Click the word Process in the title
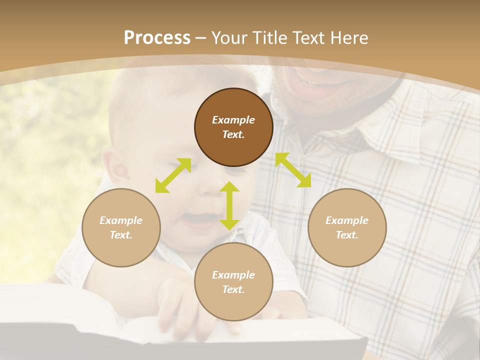click(x=157, y=38)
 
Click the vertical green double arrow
click(x=229, y=205)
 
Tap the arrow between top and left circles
click(x=173, y=175)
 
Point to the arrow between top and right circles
click(x=293, y=170)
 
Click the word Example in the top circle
click(x=233, y=120)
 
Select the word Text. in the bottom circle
click(x=233, y=289)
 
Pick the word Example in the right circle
click(x=347, y=220)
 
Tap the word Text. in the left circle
click(x=121, y=235)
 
